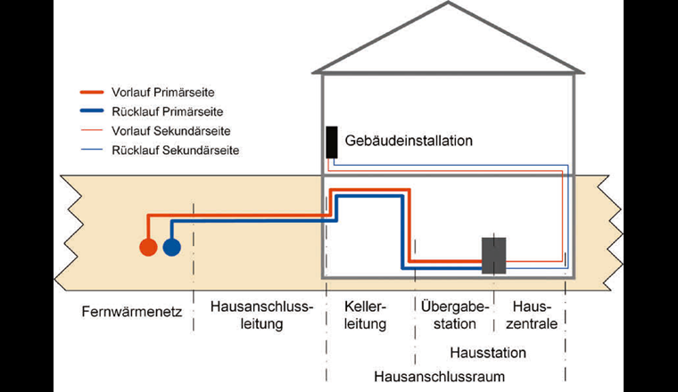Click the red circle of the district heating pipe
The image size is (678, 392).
(x=149, y=247)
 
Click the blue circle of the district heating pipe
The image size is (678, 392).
(x=171, y=247)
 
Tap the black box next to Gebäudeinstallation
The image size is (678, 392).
(x=332, y=142)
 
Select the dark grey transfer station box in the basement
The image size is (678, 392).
(x=494, y=255)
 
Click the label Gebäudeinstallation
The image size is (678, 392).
(x=408, y=141)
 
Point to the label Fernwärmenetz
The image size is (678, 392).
(x=131, y=313)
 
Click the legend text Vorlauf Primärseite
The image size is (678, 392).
(x=166, y=92)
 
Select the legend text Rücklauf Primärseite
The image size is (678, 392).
(x=168, y=111)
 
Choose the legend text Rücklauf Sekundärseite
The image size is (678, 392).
(x=176, y=150)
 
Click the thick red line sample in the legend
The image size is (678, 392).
(x=93, y=92)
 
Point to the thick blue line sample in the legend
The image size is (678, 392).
(x=93, y=111)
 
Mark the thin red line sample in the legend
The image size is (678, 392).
(x=93, y=131)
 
